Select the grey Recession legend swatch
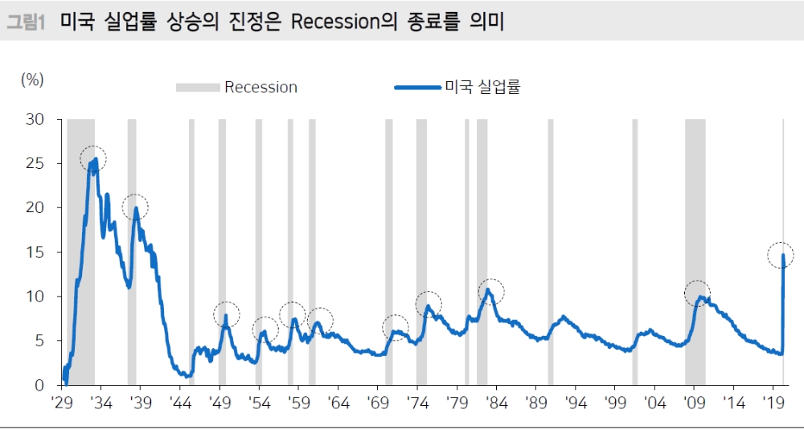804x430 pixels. [x=198, y=88]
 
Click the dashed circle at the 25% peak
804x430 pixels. [x=93, y=159]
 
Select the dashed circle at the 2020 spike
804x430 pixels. [x=781, y=256]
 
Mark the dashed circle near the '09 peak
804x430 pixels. [x=697, y=293]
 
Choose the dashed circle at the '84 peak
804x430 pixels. [x=491, y=291]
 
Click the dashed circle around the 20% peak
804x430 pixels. [x=135, y=207]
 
